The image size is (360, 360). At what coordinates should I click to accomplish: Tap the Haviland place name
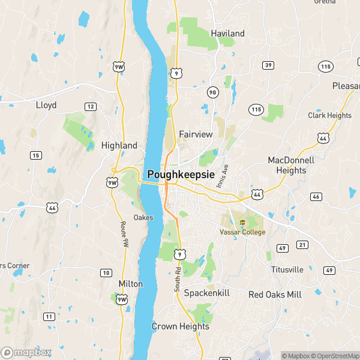[x=227, y=34]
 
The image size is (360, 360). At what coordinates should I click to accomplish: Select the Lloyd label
[x=46, y=105]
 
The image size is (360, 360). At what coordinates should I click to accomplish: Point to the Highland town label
[x=119, y=145]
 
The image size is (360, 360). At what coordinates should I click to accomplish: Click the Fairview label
[x=196, y=134]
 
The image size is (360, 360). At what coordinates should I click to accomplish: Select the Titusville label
[x=287, y=269]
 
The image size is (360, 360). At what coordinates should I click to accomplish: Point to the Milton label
[x=131, y=283]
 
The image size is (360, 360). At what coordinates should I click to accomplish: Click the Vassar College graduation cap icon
[x=242, y=223]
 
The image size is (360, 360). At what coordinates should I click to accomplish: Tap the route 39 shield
[x=268, y=65]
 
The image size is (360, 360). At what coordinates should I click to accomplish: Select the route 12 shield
[x=91, y=106]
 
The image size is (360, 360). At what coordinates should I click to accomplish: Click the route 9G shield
[x=212, y=92]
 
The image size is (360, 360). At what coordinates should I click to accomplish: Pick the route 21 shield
[x=302, y=245]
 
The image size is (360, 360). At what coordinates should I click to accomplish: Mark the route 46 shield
[x=316, y=197]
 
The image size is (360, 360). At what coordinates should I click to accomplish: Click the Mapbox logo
[x=26, y=352]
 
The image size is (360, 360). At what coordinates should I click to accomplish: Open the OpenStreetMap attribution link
[x=335, y=356]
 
